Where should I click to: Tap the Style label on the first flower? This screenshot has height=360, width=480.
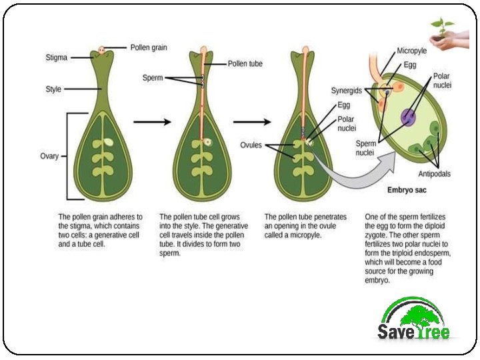coord(53,89)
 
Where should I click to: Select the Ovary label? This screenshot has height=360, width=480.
coord(49,157)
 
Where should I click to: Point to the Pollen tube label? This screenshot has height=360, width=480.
coord(245,64)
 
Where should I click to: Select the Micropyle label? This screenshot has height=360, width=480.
coord(412,51)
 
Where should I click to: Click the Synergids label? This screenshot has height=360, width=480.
coord(347,90)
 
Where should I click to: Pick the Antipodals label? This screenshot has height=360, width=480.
coord(434,174)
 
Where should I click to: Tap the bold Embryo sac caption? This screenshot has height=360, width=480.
coord(407,190)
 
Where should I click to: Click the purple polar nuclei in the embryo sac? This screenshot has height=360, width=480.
coord(407,118)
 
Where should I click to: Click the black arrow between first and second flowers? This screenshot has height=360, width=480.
coord(151,122)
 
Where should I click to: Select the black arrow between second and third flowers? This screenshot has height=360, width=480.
coord(251,122)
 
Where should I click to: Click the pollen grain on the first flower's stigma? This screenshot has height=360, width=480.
coord(101,50)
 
